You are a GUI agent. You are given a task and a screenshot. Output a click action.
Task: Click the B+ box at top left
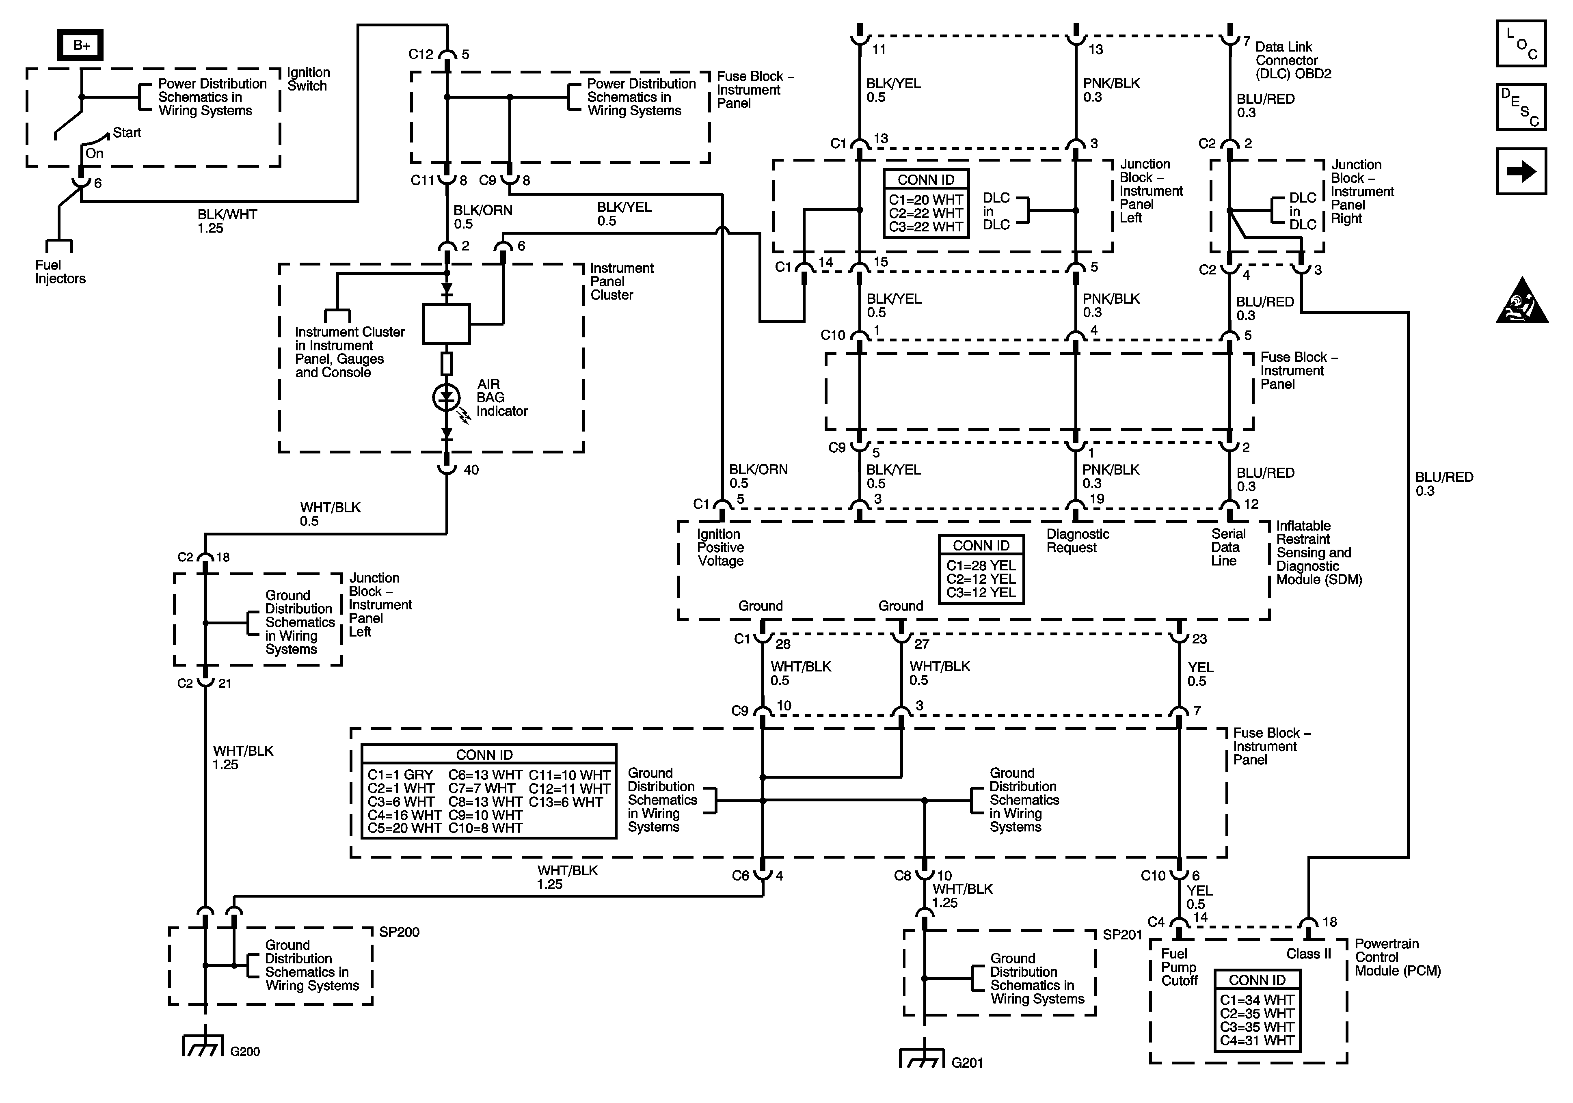(x=81, y=45)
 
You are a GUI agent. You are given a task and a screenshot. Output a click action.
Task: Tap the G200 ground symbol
(x=203, y=1046)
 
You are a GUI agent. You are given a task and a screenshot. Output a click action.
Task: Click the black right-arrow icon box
(x=1521, y=171)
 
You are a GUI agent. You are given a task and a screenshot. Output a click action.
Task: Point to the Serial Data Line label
(x=1228, y=547)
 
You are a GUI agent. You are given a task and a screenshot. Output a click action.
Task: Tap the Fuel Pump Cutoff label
(x=1178, y=967)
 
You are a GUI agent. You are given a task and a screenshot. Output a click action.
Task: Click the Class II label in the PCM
(x=1308, y=954)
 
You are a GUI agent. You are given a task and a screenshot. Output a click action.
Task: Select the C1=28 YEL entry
(x=981, y=565)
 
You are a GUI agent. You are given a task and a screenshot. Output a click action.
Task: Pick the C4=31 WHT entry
(x=1257, y=1040)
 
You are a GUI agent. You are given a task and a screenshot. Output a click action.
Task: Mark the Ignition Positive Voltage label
(x=720, y=547)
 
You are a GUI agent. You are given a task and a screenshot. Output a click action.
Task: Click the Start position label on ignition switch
(x=127, y=133)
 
